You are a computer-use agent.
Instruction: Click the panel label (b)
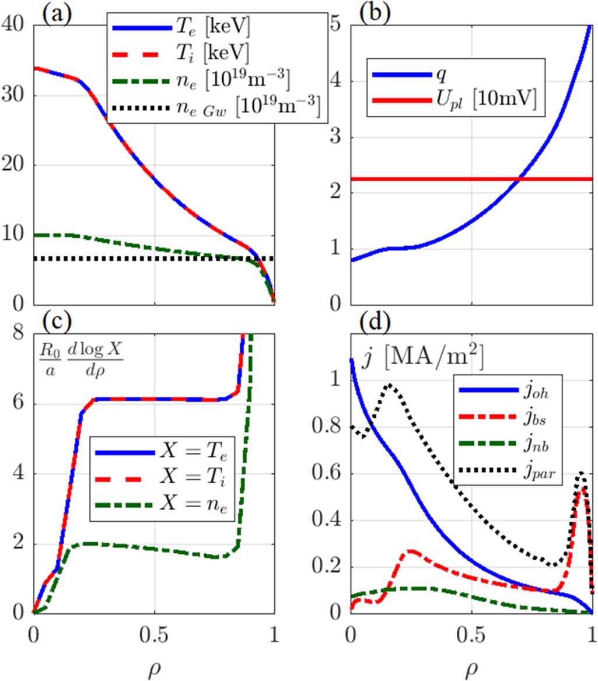tap(373, 12)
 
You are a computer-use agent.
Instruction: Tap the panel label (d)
tap(373, 322)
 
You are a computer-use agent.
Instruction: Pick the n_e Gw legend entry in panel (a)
tap(262, 109)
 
